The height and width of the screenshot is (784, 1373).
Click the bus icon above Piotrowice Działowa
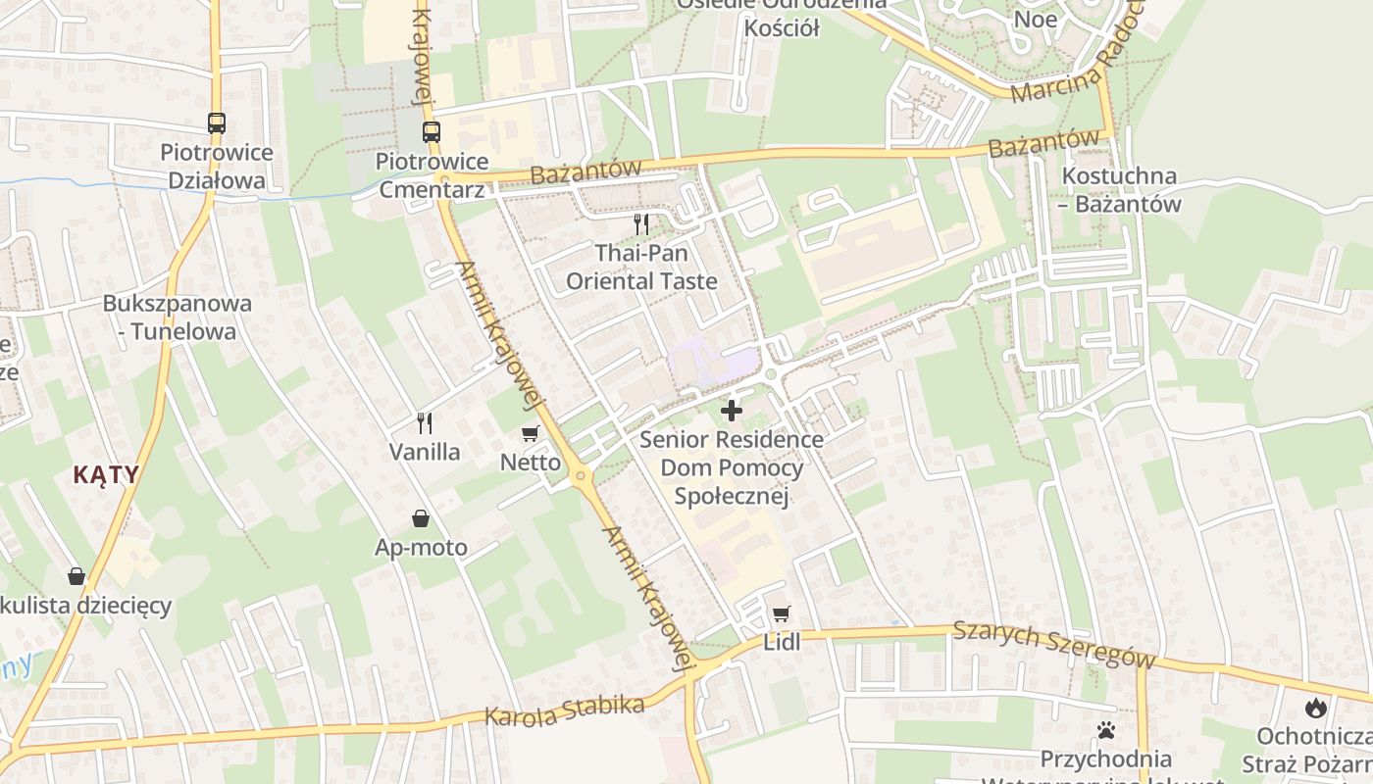point(217,123)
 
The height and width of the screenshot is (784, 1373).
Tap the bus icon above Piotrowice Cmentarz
point(432,131)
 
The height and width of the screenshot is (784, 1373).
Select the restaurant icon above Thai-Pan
point(641,224)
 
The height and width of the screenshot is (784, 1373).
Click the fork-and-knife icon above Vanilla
point(425,423)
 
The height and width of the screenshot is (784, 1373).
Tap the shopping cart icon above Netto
point(531,433)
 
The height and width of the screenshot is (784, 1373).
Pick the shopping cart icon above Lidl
point(781,614)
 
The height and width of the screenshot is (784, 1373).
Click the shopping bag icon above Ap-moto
point(421,518)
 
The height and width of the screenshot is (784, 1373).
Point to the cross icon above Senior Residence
point(732,411)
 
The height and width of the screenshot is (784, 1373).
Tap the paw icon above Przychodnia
point(1106,730)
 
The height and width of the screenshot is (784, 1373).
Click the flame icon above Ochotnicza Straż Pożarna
point(1315,708)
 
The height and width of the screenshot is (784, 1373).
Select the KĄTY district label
point(106,475)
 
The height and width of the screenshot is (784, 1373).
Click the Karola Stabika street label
point(565,711)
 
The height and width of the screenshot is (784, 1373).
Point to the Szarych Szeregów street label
point(1053,647)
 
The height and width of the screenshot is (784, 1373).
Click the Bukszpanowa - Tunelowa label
point(177,317)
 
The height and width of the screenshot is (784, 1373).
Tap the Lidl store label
point(782,643)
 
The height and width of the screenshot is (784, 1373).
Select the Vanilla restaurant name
point(425,452)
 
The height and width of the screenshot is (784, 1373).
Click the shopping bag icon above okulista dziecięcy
point(76,576)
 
